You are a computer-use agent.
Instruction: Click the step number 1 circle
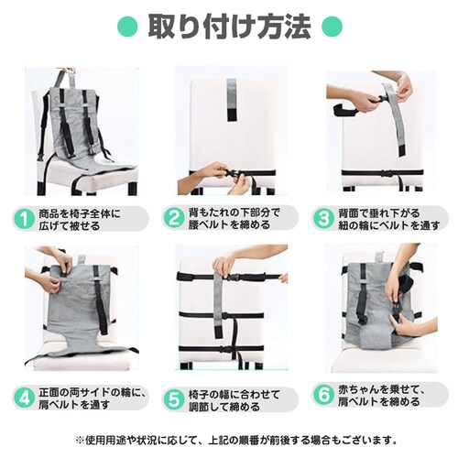(24, 219)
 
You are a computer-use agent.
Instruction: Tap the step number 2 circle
(174, 218)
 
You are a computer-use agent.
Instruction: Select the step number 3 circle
(323, 218)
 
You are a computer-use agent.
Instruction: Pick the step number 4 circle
(24, 398)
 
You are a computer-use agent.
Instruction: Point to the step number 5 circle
(174, 400)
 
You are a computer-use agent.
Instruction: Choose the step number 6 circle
(323, 395)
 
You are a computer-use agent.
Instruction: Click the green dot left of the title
(127, 27)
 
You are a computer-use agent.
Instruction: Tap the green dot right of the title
(333, 27)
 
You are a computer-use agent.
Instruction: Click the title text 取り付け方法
(230, 27)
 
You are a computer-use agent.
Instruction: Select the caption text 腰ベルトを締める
(229, 224)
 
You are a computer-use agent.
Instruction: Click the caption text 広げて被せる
(70, 225)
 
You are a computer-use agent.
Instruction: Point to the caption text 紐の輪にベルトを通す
(388, 225)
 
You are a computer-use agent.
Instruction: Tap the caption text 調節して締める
(224, 407)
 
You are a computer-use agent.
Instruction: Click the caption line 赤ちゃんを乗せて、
(381, 389)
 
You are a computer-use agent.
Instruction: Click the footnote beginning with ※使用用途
(236, 441)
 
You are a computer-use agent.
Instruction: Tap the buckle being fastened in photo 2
(232, 173)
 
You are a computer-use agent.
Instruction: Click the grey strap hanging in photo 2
(232, 100)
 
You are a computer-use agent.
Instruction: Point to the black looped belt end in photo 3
(344, 110)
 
